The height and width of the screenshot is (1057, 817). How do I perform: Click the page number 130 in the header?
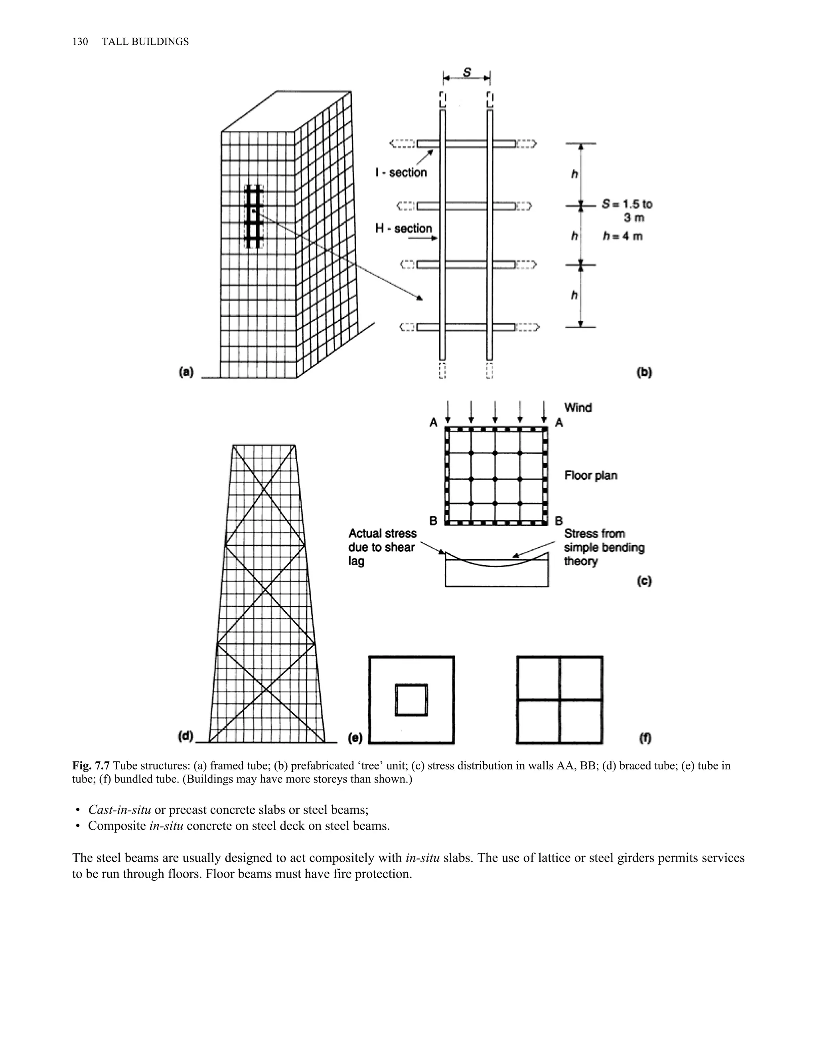80,41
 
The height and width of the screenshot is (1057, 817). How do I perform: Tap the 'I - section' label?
401,172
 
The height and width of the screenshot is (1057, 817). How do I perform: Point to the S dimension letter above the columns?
467,73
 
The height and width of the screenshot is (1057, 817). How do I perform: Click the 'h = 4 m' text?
623,236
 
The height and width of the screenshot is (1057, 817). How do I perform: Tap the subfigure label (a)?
186,372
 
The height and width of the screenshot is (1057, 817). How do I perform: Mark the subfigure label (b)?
644,372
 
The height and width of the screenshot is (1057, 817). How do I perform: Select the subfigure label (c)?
644,581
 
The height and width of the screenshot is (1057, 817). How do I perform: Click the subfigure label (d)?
186,737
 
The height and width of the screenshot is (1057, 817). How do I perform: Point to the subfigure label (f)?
645,738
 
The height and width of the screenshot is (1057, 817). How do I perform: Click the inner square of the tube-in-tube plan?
411,700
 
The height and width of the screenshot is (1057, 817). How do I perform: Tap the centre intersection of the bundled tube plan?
560,700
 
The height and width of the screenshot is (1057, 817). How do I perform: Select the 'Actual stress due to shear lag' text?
382,547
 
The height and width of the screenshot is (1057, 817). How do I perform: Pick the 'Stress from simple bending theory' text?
604,547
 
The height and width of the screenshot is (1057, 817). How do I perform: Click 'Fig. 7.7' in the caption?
91,766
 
